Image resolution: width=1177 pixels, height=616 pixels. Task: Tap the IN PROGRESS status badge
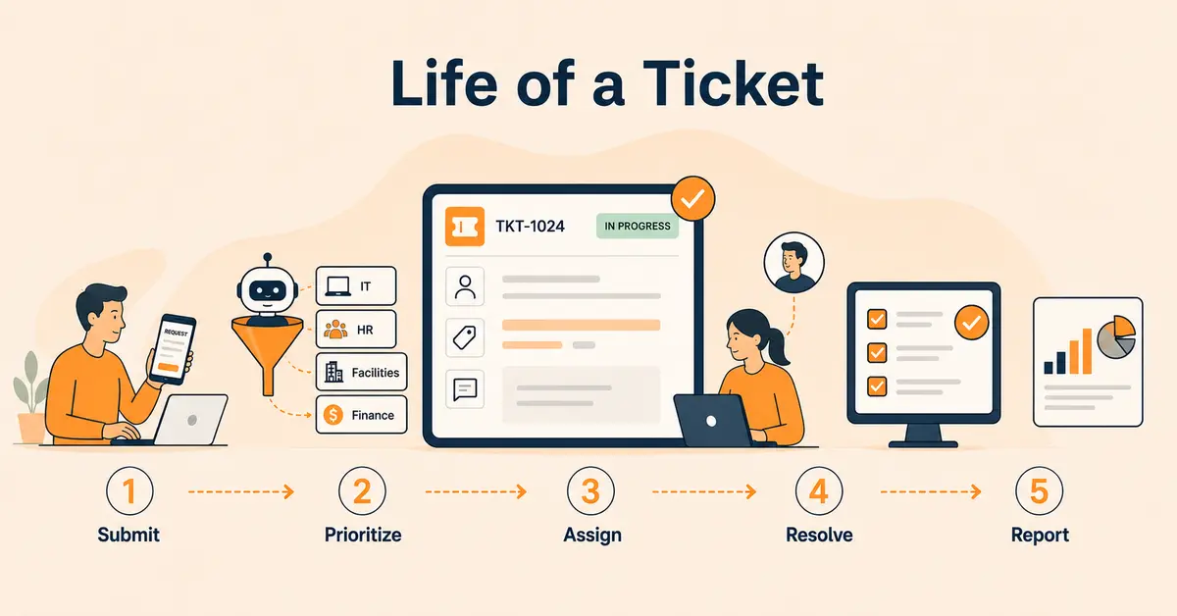pyautogui.click(x=638, y=226)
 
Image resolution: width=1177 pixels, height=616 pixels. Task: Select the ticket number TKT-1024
pyautogui.click(x=530, y=226)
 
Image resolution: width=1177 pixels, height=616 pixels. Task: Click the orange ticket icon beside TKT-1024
pyautogui.click(x=465, y=227)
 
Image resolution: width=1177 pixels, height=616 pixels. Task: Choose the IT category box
pyautogui.click(x=356, y=285)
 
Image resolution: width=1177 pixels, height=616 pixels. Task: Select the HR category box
pyautogui.click(x=356, y=329)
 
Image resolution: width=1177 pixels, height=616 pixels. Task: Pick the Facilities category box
pyautogui.click(x=362, y=372)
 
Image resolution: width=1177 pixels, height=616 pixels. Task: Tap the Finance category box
pyautogui.click(x=362, y=415)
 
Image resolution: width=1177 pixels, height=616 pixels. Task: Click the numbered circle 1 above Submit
pyautogui.click(x=129, y=490)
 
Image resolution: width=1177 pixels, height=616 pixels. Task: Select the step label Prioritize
pyautogui.click(x=363, y=535)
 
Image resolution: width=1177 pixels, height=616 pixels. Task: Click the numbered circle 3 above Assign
pyautogui.click(x=590, y=490)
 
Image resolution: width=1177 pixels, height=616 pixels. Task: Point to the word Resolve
pyautogui.click(x=819, y=535)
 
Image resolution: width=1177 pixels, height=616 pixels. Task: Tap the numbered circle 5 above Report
pyautogui.click(x=1040, y=490)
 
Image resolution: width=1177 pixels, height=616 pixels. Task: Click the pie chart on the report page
pyautogui.click(x=1116, y=336)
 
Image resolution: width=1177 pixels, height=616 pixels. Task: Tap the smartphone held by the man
pyautogui.click(x=173, y=349)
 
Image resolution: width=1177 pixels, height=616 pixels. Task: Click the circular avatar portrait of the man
pyautogui.click(x=793, y=263)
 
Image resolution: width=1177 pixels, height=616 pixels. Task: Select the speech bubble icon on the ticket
pyautogui.click(x=465, y=389)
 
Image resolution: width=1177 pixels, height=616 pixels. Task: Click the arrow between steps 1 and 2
pyautogui.click(x=241, y=492)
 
